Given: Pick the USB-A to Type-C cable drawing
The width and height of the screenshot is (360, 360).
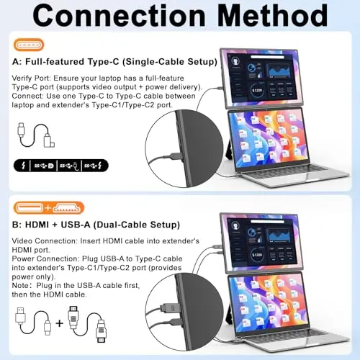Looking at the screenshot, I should (32, 322).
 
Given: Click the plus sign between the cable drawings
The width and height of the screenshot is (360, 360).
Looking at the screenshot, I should (59, 322).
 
